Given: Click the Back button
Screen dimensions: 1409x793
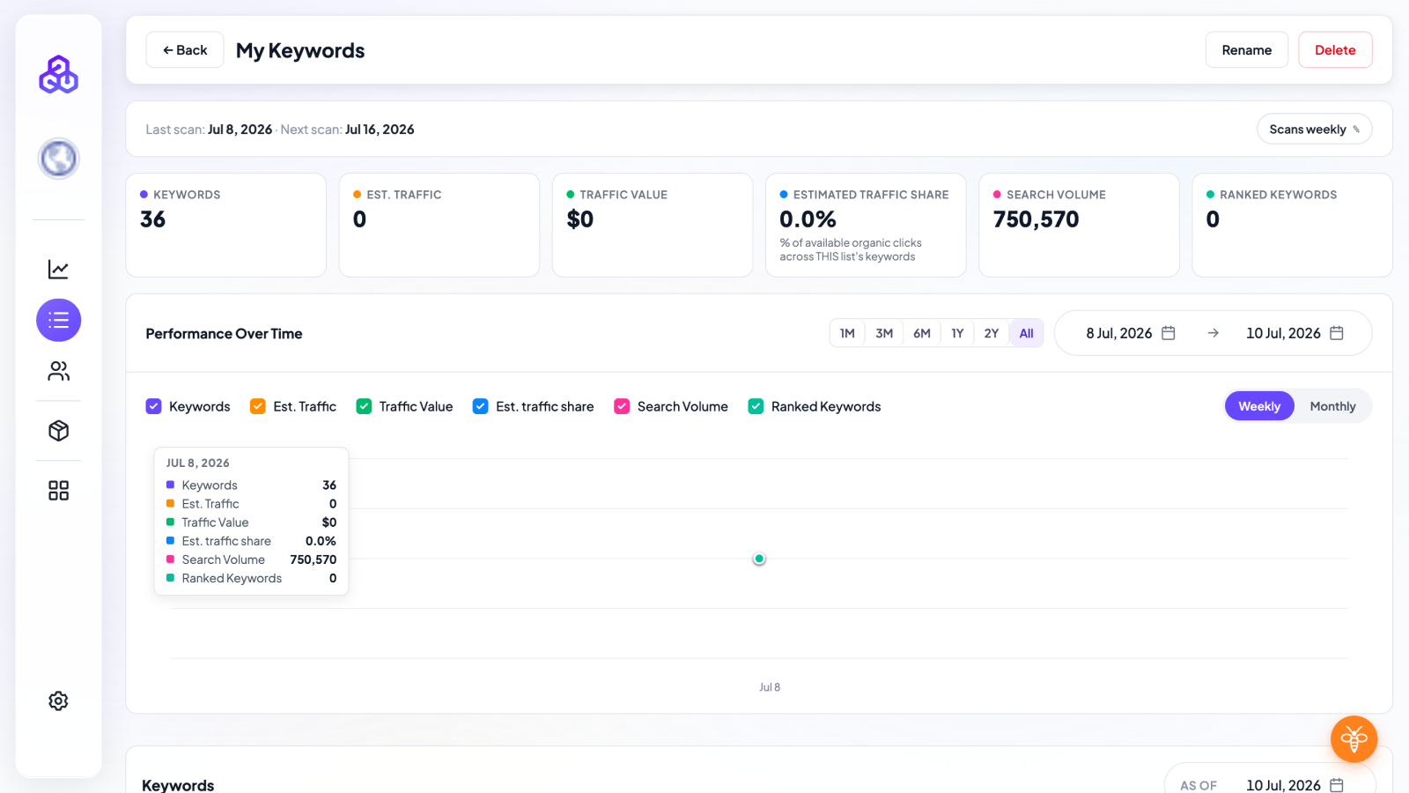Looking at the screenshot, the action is tap(184, 49).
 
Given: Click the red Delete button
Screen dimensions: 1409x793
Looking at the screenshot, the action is tap(1335, 49).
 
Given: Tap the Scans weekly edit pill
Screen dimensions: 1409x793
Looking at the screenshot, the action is tap(1314, 129).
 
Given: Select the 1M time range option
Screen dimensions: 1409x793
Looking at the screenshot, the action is tap(846, 333).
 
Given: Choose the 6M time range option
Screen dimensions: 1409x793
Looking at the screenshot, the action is tap(921, 333).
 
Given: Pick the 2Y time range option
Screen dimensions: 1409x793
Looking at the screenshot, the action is tap(992, 333).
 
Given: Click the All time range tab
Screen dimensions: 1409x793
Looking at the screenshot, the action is tap(1026, 333).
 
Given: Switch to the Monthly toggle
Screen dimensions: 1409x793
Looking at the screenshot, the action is tap(1332, 406).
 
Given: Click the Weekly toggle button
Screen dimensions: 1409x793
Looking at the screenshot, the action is tap(1258, 406).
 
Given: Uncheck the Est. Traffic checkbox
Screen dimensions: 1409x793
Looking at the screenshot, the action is tap(257, 406).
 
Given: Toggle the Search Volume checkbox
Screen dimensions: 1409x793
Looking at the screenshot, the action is tap(622, 406).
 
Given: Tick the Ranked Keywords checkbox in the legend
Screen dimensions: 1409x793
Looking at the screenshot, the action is tap(756, 406).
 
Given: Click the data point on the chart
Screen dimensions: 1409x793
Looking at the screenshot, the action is tap(759, 559).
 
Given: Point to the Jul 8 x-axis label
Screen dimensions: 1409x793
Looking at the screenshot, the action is tap(770, 687).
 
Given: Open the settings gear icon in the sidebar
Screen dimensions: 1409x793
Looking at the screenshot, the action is tap(58, 700).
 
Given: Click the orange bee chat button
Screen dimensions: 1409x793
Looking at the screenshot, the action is tap(1354, 739).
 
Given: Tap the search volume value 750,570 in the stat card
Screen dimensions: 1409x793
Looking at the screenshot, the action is tap(1036, 219).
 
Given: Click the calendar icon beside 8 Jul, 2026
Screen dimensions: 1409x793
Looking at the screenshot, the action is tap(1168, 333).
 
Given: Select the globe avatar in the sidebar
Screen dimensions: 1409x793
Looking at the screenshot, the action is tap(58, 159).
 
